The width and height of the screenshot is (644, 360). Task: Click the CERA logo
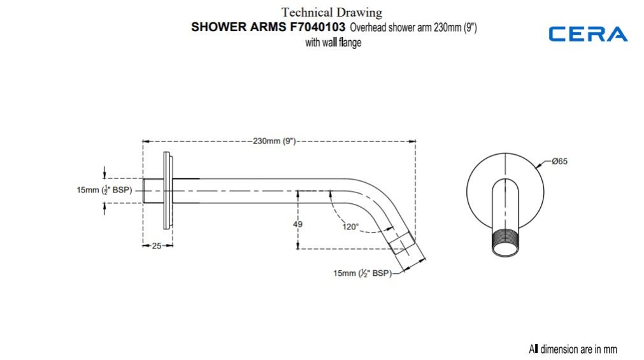pos(588,34)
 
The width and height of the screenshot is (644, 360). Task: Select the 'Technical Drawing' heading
pos(332,12)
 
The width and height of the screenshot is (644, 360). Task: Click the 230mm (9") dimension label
pos(275,141)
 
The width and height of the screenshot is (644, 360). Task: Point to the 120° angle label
pos(350,226)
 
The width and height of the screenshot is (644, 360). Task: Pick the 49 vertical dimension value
pos(297,224)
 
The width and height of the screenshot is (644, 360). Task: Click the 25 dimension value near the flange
pos(157,246)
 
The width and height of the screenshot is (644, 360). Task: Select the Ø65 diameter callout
pos(559,162)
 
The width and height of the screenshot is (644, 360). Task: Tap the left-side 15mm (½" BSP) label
pos(104,191)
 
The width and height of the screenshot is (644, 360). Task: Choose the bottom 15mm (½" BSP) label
pos(362,273)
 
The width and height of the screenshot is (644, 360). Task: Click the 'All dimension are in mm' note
pos(573,349)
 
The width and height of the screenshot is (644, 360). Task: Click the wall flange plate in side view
pos(168,191)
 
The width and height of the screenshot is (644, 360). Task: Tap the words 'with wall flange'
pos(333,43)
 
